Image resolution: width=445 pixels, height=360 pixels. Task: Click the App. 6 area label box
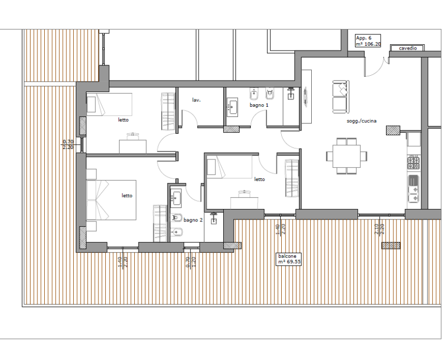click(x=368, y=41)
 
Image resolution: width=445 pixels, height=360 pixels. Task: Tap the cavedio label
click(x=408, y=48)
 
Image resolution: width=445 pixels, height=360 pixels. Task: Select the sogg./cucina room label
click(x=362, y=121)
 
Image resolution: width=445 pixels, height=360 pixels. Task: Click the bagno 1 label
click(x=259, y=105)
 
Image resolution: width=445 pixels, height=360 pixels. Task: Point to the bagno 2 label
click(x=193, y=220)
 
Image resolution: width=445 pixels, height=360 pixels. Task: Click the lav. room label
click(x=196, y=100)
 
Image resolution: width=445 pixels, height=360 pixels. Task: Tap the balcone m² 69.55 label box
click(x=289, y=259)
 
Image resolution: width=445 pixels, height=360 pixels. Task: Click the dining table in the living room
click(x=347, y=156)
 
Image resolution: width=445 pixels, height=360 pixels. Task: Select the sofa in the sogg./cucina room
click(x=341, y=97)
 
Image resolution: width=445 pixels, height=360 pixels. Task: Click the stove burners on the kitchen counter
click(x=413, y=163)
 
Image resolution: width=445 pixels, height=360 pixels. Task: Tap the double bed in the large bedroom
click(x=111, y=200)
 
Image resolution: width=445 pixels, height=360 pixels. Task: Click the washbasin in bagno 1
click(x=232, y=107)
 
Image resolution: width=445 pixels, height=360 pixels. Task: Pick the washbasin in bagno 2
click(x=176, y=197)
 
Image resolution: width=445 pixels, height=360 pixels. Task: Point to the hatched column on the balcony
click(x=391, y=246)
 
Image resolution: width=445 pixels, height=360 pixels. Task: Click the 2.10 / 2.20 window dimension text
click(x=379, y=229)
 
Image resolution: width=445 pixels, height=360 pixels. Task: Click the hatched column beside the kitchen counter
click(x=393, y=130)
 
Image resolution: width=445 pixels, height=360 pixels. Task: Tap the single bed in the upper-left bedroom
click(x=109, y=104)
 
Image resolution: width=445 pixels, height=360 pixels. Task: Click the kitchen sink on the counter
click(x=413, y=188)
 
